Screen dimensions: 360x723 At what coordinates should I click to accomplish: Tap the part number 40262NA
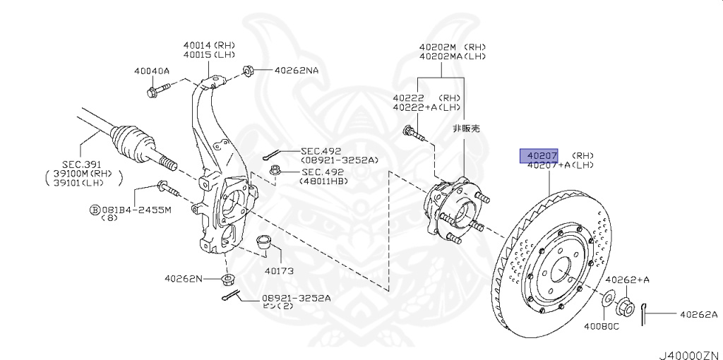(x=296, y=71)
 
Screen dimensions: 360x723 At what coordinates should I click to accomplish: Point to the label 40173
(x=279, y=270)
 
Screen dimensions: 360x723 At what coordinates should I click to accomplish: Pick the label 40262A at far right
(x=698, y=314)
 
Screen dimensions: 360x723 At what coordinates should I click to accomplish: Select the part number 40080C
(x=601, y=326)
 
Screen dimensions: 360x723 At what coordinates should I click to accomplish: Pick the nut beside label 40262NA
(x=248, y=71)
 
